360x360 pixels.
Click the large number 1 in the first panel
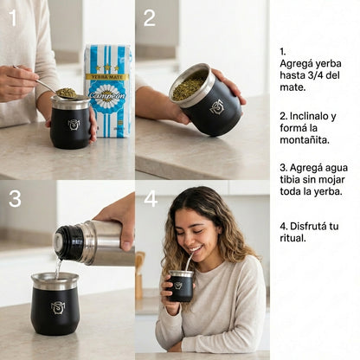13,17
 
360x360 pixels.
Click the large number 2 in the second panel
149,17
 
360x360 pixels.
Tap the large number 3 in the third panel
15,198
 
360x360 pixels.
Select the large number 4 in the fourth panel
151,198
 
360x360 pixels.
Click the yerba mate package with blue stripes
108,90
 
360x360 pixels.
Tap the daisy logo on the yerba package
108,96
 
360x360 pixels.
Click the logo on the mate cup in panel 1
74,125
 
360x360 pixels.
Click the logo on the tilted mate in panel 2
216,106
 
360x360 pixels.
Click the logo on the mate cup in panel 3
58,308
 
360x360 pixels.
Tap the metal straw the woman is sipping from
186,263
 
